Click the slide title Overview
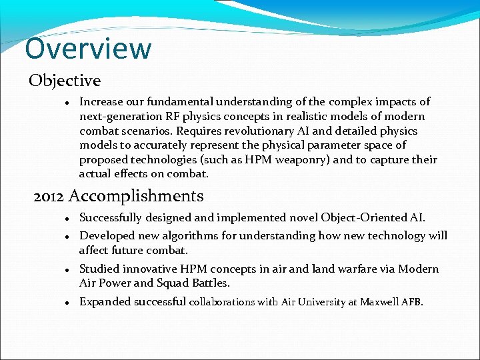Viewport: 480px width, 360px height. [x=88, y=49]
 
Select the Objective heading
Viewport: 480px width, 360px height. [x=65, y=81]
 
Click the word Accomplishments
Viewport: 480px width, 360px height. [x=136, y=196]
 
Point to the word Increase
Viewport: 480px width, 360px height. [x=100, y=102]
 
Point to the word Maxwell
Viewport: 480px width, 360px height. [x=379, y=302]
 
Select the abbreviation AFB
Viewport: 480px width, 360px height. [x=412, y=302]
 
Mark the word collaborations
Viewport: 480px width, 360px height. [x=223, y=302]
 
